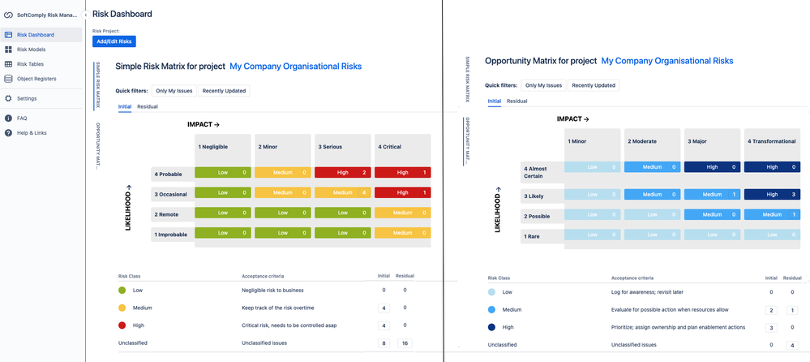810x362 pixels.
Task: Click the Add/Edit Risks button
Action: coord(114,41)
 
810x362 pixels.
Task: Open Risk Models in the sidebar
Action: coord(31,50)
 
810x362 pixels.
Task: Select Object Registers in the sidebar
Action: coord(36,79)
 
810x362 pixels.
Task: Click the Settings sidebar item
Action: coord(27,98)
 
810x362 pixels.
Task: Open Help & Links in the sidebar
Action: coord(32,132)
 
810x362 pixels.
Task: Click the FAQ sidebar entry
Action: coord(23,118)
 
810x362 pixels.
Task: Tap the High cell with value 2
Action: coord(343,173)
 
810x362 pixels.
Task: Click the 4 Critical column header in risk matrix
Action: coord(403,147)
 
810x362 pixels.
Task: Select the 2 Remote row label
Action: coord(172,213)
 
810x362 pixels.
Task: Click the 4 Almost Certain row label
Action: coord(541,170)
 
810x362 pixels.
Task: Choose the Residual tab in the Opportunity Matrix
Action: coord(517,101)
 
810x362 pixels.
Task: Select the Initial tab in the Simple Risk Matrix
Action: coord(125,106)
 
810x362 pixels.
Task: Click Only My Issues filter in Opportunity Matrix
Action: coord(543,85)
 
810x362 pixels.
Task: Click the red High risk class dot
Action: coord(122,325)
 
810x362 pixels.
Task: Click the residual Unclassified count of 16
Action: coord(404,343)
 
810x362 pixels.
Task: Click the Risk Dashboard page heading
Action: coord(122,14)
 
